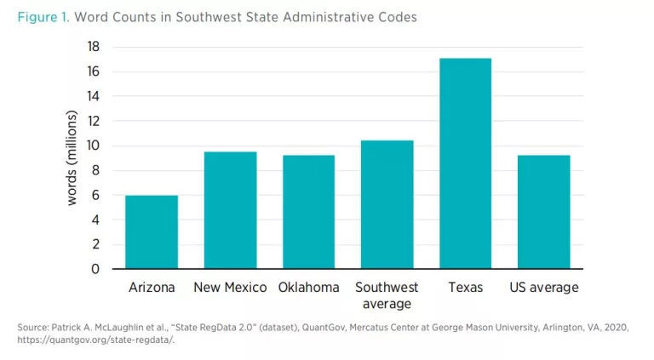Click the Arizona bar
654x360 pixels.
tap(152, 232)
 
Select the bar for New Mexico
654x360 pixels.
tap(230, 210)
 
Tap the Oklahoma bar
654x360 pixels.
tap(308, 212)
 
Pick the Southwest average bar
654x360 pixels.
tap(387, 204)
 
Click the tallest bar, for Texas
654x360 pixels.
tap(465, 163)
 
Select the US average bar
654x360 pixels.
tap(543, 212)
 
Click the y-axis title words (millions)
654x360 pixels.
tap(72, 158)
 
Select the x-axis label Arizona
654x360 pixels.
tap(152, 288)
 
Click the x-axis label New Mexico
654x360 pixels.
tap(230, 288)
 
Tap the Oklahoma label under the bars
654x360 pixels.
tap(308, 288)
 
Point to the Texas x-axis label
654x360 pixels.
tap(465, 288)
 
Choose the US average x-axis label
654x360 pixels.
tap(543, 288)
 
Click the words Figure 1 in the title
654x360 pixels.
tap(42, 17)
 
